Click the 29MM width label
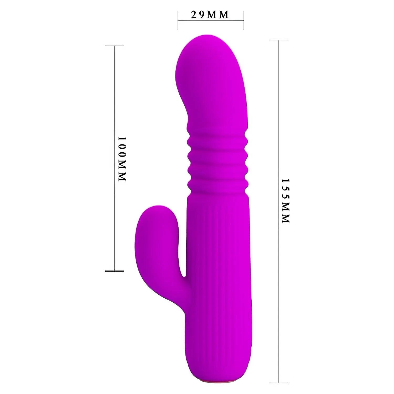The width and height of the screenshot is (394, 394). (x=210, y=15)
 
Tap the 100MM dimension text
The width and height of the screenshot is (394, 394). (x=122, y=159)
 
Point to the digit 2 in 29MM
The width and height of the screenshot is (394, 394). (x=194, y=15)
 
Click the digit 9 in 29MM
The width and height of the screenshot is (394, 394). (x=202, y=15)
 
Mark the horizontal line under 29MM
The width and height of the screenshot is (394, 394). (x=211, y=20)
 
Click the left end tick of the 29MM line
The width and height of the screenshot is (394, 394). (x=178, y=20)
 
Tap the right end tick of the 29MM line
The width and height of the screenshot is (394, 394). (x=243, y=20)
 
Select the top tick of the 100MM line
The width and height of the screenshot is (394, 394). (x=114, y=46)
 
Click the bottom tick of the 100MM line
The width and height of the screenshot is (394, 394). (x=114, y=271)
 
